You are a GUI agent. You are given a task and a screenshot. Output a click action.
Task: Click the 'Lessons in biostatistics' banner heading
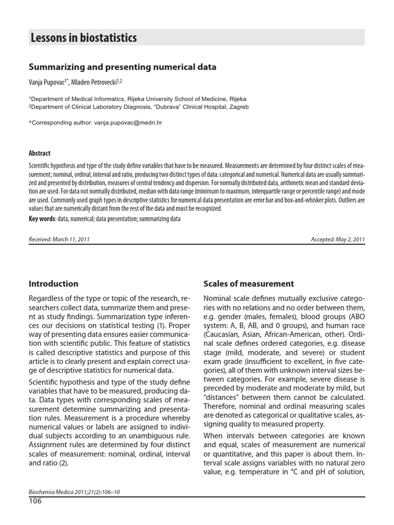coord(84,37)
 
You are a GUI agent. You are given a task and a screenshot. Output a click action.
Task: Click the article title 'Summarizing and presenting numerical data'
coord(122,67)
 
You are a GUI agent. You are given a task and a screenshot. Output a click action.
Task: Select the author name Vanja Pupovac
coord(50,82)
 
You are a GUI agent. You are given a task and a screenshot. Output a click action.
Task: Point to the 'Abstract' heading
coord(40,153)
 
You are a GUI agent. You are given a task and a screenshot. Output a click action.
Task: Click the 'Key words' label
coord(42,219)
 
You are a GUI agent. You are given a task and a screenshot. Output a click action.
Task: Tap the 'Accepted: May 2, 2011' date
coord(338,239)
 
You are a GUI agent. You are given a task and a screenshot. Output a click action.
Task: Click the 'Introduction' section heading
coord(53,284)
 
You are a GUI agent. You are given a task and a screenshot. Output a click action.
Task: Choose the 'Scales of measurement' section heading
coord(248,284)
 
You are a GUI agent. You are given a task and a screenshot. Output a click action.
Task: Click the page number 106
coord(35,501)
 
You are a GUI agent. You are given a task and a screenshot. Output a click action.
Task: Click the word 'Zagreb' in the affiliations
coord(238,107)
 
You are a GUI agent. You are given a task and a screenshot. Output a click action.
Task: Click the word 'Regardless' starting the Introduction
coord(50,298)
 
